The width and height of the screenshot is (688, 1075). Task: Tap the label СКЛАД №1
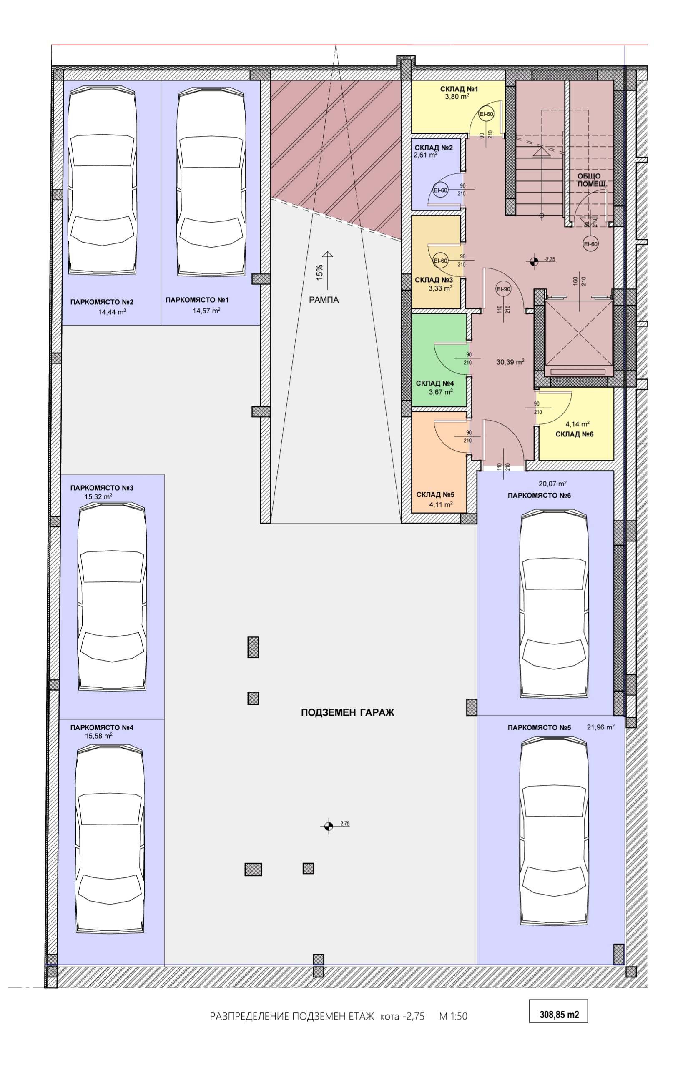459,89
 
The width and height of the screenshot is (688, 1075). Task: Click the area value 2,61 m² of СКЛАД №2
425,155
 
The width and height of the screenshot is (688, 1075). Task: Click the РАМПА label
324,300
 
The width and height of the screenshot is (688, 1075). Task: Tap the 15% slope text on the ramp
319,273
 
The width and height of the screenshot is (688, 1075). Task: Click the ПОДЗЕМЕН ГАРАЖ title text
348,712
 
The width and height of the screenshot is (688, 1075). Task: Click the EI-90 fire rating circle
503,289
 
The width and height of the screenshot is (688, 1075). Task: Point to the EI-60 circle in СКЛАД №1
486,114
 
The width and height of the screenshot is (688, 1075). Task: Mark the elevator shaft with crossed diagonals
579,333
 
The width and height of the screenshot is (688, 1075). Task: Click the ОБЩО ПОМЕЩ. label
592,180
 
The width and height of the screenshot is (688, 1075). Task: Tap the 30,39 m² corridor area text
510,362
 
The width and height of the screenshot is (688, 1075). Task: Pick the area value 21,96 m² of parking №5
600,727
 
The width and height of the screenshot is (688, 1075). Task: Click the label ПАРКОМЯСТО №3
102,488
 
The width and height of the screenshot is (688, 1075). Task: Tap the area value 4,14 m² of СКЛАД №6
577,424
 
